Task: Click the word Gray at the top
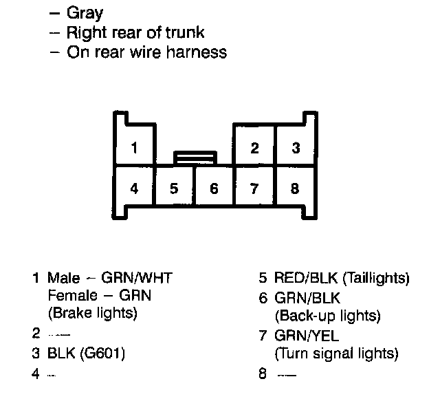pyautogui.click(x=85, y=13)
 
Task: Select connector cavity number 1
pyautogui.click(x=135, y=147)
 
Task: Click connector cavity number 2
pyautogui.click(x=254, y=147)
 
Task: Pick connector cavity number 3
pyautogui.click(x=295, y=147)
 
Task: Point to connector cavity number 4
pyautogui.click(x=135, y=188)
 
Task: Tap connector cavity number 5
pyautogui.click(x=175, y=188)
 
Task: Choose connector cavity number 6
pyautogui.click(x=214, y=188)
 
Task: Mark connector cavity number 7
pyautogui.click(x=254, y=188)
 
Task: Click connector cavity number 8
pyautogui.click(x=295, y=188)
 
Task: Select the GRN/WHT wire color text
pyautogui.click(x=137, y=279)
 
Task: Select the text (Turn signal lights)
pyautogui.click(x=336, y=354)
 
